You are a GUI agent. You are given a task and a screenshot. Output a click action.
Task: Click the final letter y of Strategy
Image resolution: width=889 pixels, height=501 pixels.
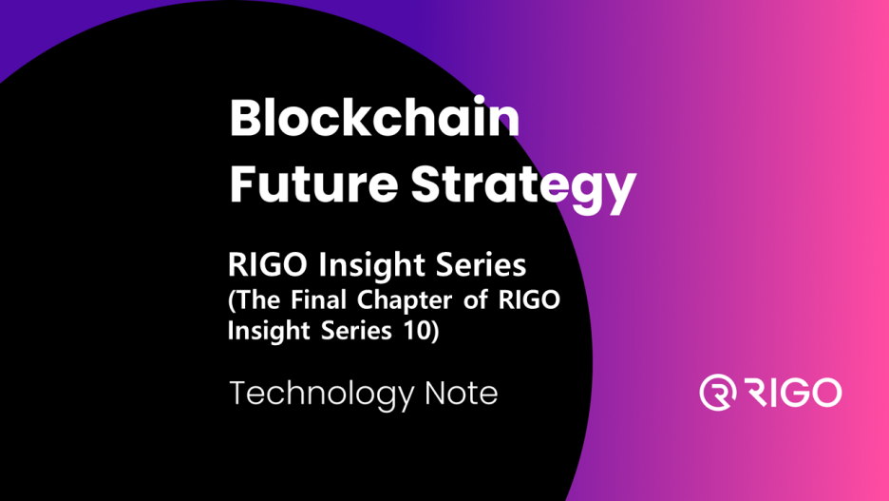tap(618, 190)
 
